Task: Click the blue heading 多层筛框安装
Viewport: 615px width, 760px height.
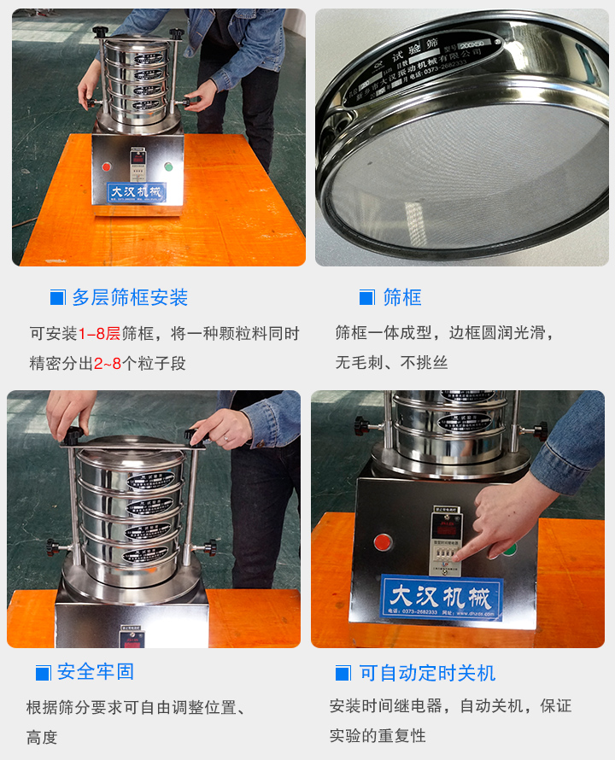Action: click(130, 297)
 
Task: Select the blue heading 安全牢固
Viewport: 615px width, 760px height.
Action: click(96, 672)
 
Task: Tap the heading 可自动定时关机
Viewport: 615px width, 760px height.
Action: click(427, 673)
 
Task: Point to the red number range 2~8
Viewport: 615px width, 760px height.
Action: click(108, 363)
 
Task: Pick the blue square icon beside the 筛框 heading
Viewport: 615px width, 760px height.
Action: click(366, 298)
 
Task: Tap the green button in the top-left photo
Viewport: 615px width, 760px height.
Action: click(168, 167)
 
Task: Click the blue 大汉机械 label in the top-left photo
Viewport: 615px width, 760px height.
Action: click(137, 192)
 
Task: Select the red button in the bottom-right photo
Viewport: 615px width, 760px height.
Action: click(384, 541)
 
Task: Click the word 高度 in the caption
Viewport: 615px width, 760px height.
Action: click(42, 737)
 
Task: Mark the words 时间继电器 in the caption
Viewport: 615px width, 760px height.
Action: click(407, 706)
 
